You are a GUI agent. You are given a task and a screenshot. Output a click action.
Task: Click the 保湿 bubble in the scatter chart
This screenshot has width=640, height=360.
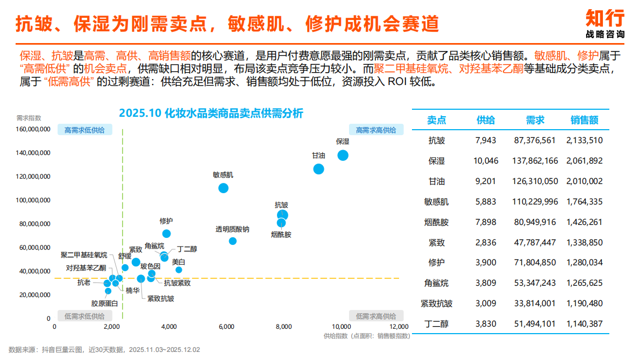pyautogui.click(x=343, y=156)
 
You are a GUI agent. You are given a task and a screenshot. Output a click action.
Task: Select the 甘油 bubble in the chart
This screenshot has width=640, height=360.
pyautogui.click(x=318, y=169)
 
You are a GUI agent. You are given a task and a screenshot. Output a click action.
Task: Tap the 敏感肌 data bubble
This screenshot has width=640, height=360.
pyautogui.click(x=223, y=188)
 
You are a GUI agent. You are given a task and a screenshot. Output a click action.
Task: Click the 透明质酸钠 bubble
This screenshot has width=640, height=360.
pyautogui.click(x=232, y=241)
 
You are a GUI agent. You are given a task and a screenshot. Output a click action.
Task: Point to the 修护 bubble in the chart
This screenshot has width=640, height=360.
pyautogui.click(x=167, y=234)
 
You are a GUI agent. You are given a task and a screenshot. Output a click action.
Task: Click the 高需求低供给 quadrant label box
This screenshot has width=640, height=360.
pyautogui.click(x=85, y=130)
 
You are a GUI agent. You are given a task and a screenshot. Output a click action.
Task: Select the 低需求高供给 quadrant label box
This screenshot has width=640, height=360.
pyautogui.click(x=375, y=316)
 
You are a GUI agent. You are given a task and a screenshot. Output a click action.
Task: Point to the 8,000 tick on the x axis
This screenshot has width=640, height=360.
pyautogui.click(x=284, y=327)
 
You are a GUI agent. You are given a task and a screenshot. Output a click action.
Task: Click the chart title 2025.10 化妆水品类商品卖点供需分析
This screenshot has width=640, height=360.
pyautogui.click(x=211, y=113)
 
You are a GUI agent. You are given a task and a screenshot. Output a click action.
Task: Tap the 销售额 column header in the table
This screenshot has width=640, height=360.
pyautogui.click(x=584, y=121)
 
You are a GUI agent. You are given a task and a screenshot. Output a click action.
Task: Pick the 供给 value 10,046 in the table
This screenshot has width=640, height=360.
pyautogui.click(x=486, y=161)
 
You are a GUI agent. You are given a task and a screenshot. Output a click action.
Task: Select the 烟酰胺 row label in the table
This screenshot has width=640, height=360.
pyautogui.click(x=436, y=222)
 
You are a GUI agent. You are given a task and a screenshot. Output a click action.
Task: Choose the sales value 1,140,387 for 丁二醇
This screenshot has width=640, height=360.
pyautogui.click(x=584, y=324)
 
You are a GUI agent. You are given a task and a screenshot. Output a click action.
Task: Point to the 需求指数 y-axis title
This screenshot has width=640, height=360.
pyautogui.click(x=29, y=117)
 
